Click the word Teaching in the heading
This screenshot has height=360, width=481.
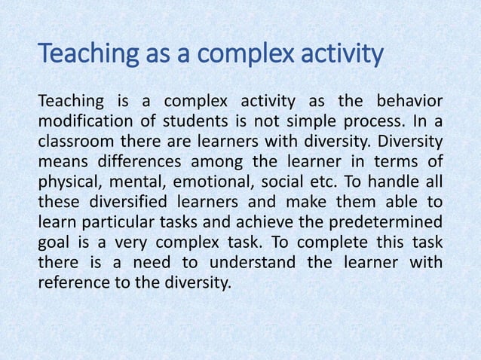pos(81,54)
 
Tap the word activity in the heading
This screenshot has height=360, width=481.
pos(344,54)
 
